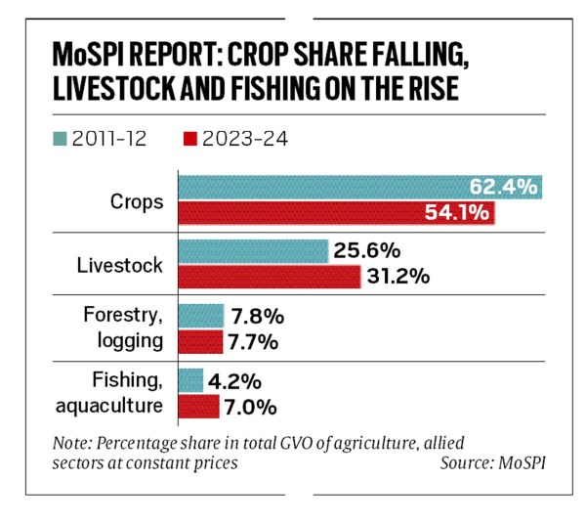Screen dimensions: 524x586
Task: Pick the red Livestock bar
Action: [x=268, y=277]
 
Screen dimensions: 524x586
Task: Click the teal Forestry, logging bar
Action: [x=200, y=316]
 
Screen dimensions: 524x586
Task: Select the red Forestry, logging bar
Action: [x=200, y=341]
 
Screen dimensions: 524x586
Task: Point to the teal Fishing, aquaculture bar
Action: [x=189, y=379]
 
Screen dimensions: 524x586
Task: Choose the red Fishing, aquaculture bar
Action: [x=198, y=405]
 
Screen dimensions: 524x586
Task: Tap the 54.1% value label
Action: [x=457, y=213]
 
